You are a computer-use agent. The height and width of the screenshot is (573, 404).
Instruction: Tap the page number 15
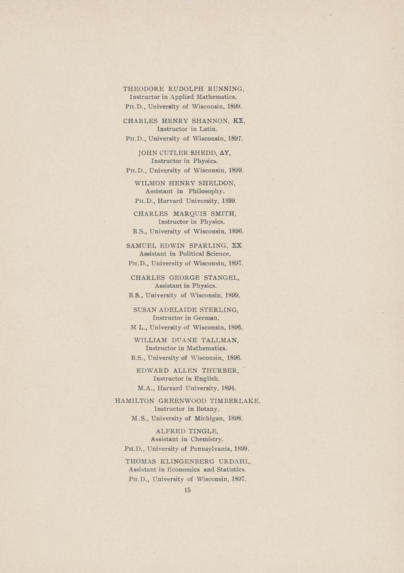click(x=187, y=490)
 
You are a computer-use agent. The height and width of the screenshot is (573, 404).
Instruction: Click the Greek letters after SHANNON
click(x=238, y=121)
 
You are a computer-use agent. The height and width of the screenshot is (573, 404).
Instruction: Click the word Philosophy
click(x=207, y=192)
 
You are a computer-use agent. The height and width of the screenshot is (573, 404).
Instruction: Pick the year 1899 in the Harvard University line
click(x=229, y=201)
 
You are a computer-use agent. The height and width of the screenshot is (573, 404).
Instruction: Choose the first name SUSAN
click(x=145, y=310)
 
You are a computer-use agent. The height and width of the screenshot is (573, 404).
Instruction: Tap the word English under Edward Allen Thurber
click(x=207, y=379)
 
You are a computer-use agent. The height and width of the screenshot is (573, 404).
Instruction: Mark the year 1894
click(x=228, y=388)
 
